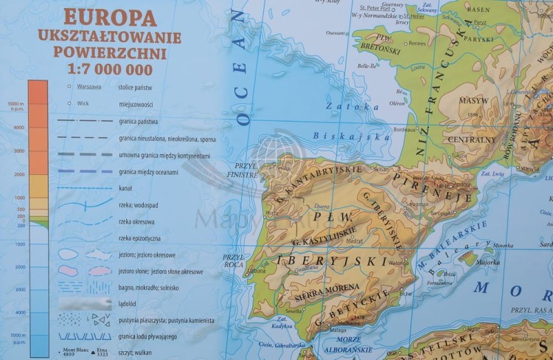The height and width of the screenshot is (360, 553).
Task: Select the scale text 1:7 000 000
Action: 109,70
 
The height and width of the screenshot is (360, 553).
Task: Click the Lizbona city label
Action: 257,270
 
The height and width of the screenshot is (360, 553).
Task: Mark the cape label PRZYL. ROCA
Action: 235,261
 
